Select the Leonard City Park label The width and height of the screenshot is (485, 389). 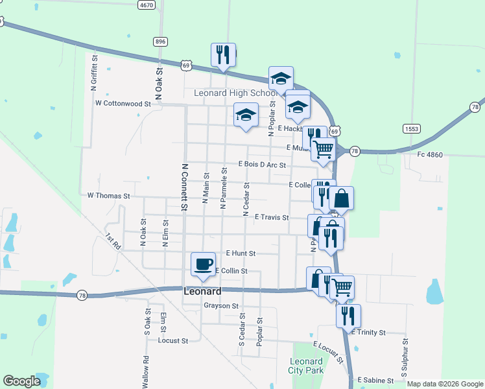(305, 366)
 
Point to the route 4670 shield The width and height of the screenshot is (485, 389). (147, 5)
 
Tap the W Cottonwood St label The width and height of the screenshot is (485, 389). (123, 103)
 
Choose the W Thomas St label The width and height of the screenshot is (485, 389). (108, 195)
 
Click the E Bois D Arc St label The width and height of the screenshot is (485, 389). (262, 164)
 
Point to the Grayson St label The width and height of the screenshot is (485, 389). (221, 305)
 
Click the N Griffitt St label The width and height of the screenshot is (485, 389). (94, 72)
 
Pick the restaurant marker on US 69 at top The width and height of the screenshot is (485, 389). (223, 55)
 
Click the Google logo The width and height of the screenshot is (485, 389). (21, 381)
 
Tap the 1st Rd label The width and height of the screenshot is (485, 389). (113, 243)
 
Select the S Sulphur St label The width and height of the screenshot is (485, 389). (404, 358)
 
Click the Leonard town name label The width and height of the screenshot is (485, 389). (202, 291)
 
